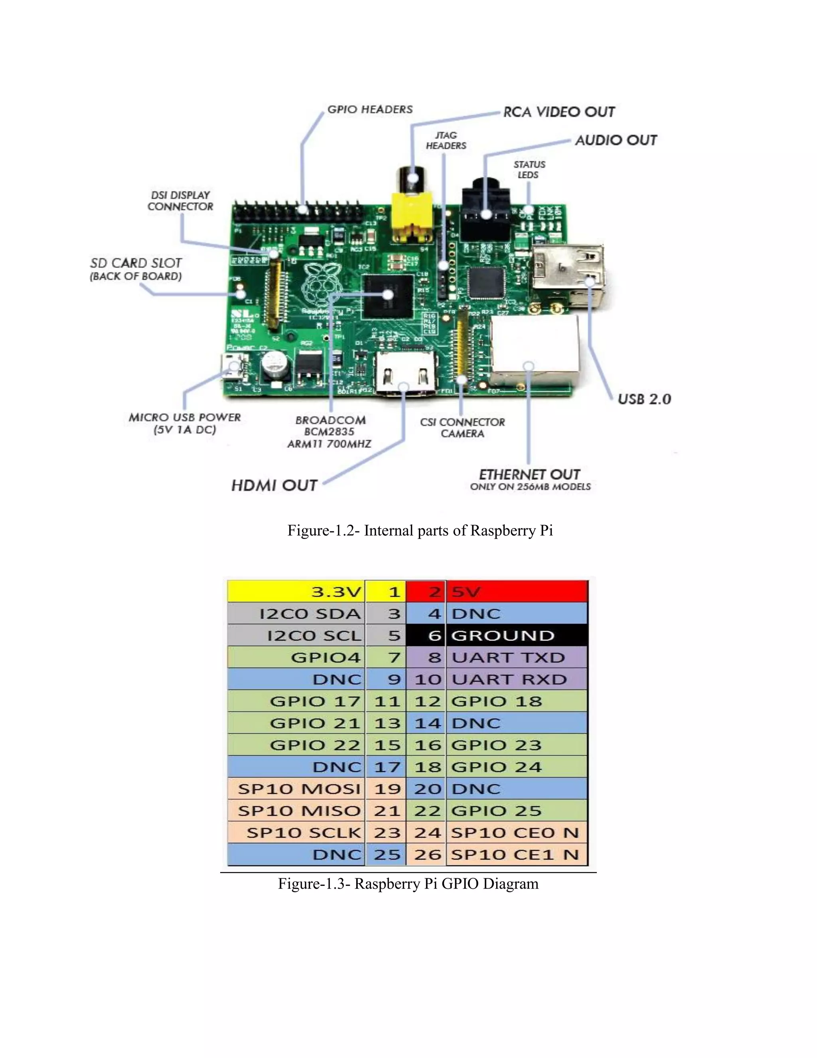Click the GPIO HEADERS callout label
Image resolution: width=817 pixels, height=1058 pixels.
[370, 109]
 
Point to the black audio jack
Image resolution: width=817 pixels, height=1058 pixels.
[485, 213]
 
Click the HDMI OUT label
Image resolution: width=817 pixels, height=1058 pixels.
[274, 485]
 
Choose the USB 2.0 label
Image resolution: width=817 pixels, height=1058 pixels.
[644, 399]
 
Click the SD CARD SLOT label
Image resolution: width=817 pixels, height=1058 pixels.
[136, 264]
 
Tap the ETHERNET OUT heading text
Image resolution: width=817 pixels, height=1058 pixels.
[529, 474]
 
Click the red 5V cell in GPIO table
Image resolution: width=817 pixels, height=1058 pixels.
[517, 592]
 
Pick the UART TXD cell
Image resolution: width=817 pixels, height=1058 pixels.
[517, 658]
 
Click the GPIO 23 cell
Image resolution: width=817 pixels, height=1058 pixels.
[517, 745]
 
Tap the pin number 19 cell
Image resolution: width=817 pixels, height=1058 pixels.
[387, 789]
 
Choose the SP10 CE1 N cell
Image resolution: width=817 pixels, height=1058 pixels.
[517, 854]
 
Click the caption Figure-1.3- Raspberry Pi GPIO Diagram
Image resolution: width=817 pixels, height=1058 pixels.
[408, 884]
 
